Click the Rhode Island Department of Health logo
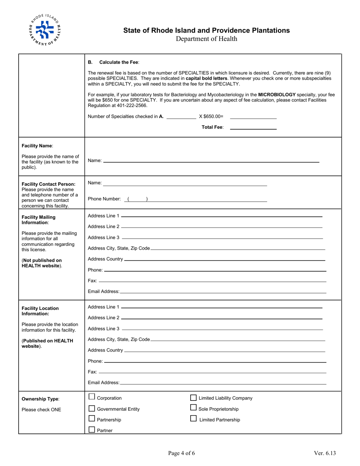44,30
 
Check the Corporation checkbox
92,397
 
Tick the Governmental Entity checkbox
92,408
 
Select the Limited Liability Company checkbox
193,397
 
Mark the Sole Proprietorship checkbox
193,408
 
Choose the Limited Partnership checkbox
193,419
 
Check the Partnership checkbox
92,419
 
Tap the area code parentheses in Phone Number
137,199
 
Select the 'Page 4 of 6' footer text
182,453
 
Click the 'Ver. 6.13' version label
324,453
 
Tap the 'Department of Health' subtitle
206,39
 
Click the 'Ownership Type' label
41,399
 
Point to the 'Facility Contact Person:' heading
49,184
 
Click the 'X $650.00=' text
211,117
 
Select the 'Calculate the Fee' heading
119,62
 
